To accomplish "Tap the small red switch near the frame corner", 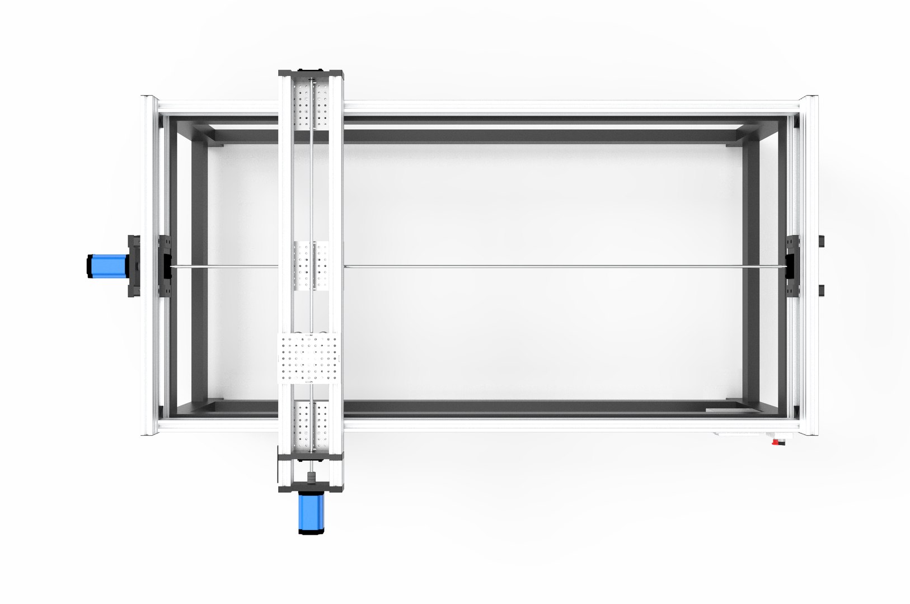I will click(x=777, y=442).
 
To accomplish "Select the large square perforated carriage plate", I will click(x=309, y=358).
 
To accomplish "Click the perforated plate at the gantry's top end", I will click(x=309, y=106).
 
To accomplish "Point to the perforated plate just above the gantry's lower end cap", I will click(x=309, y=425).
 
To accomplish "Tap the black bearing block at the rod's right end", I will click(x=792, y=266).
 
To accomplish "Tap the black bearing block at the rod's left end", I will click(x=166, y=266).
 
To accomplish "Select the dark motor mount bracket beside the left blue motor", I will click(x=134, y=266).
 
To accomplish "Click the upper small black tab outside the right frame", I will click(x=821, y=241).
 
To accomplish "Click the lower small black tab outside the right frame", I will click(x=821, y=290).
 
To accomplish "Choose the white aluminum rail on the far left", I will click(x=149, y=185).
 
